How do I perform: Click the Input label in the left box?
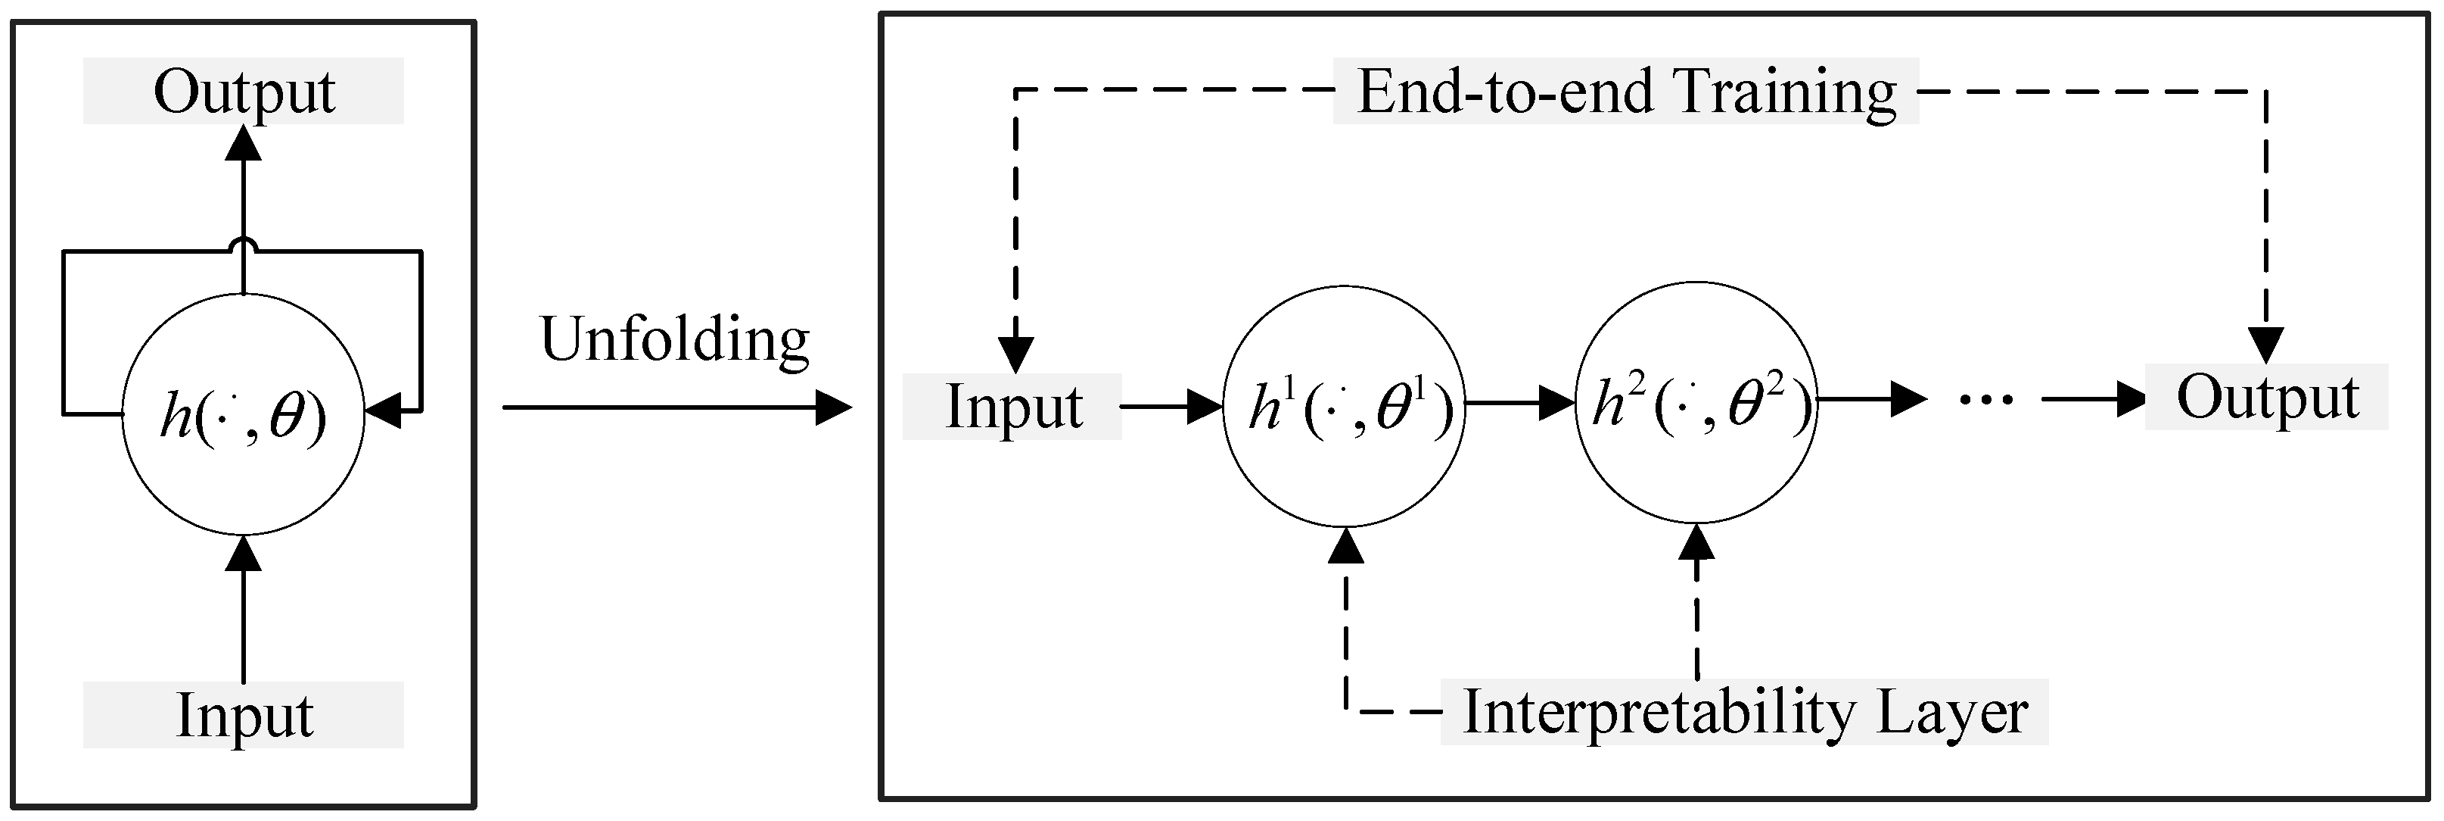243,715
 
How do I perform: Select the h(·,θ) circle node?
243,415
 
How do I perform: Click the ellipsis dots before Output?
1985,401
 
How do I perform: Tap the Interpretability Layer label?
1744,712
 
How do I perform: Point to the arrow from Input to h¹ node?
1172,407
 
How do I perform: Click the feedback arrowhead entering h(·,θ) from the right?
384,412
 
